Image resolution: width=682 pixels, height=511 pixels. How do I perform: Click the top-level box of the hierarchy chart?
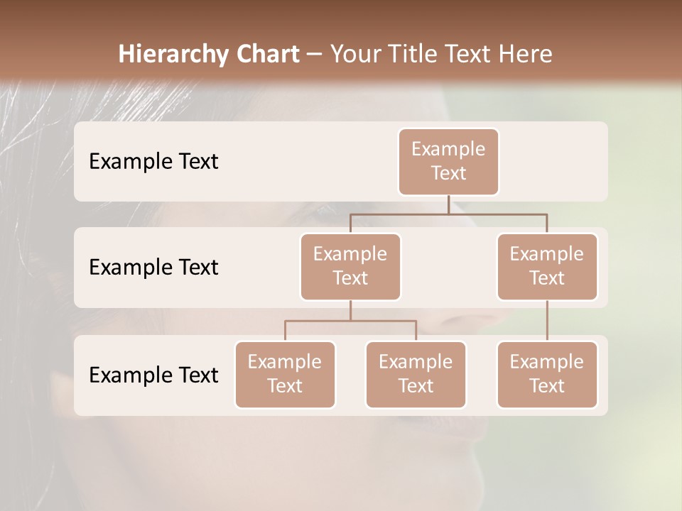(x=448, y=161)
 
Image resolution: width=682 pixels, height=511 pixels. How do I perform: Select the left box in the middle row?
(x=350, y=266)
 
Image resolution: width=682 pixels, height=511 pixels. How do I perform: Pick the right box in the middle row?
(x=547, y=266)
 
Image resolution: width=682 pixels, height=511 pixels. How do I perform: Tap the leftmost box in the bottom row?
(x=285, y=374)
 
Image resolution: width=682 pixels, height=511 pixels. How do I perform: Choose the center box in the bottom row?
(x=416, y=374)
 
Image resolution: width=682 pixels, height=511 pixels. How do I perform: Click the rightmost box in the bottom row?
(x=547, y=374)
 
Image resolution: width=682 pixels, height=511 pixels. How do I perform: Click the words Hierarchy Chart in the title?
(x=209, y=55)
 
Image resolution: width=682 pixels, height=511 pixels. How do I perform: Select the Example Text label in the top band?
(x=153, y=162)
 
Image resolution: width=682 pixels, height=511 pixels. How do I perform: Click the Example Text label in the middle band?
(x=153, y=268)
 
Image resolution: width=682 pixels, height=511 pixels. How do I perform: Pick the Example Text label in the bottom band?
(x=153, y=375)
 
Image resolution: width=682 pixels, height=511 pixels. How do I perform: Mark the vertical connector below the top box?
(x=448, y=204)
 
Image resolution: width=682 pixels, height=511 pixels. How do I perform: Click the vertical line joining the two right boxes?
(x=547, y=321)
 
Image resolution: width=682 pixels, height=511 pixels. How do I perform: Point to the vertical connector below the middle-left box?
(x=350, y=311)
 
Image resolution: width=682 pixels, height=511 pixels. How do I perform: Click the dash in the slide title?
(x=315, y=55)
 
